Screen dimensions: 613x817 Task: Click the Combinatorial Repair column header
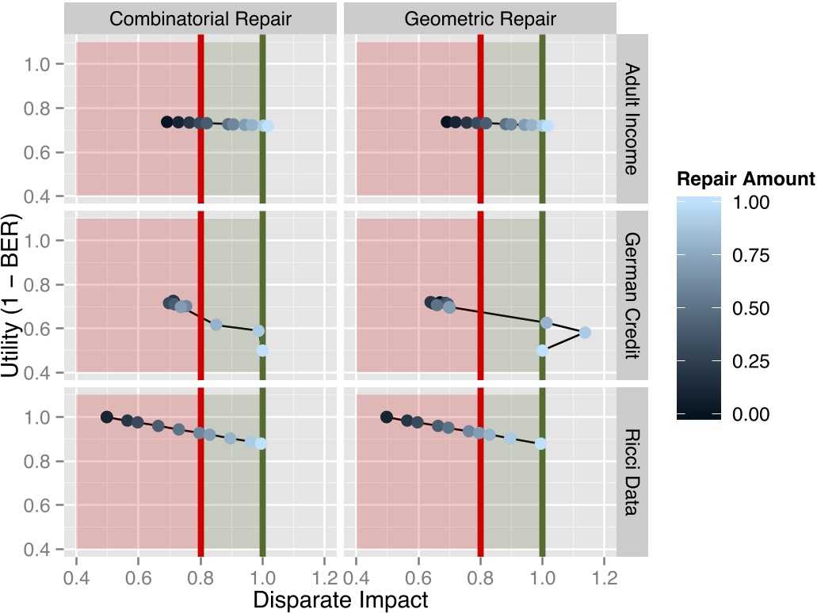pos(200,18)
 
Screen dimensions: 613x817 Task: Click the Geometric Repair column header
pos(480,18)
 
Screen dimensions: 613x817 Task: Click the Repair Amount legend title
pos(746,179)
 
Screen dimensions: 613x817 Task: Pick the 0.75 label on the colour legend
pos(753,255)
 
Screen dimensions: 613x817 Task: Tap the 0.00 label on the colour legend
pos(753,414)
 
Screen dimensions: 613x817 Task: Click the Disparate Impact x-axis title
pos(340,600)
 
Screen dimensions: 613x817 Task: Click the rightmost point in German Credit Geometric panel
pos(585,333)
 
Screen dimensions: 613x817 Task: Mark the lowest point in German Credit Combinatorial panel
pos(262,350)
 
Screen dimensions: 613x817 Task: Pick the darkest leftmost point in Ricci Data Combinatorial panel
pos(107,417)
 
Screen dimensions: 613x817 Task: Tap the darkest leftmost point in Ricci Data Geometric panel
pos(387,417)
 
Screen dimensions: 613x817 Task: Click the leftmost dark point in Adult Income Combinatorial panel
pos(167,122)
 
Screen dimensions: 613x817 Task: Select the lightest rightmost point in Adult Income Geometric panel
pos(548,126)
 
